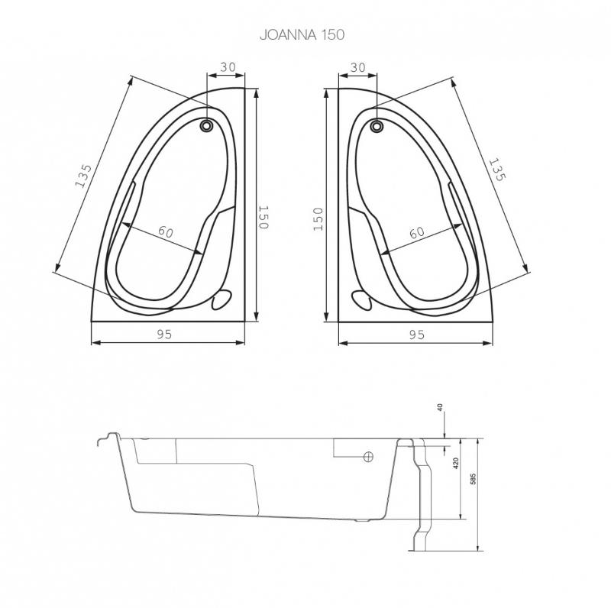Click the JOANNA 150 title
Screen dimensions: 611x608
pos(302,34)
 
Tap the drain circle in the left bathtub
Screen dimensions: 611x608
pos(206,126)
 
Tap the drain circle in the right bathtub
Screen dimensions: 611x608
pos(377,126)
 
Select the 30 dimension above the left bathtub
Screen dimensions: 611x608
pos(228,67)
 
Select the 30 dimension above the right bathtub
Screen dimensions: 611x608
pos(357,67)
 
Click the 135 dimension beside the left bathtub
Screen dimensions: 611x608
pos(84,176)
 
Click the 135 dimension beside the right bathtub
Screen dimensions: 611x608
pos(497,170)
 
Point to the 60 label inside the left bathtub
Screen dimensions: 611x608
pos(166,232)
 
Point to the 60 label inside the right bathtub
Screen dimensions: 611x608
pos(417,233)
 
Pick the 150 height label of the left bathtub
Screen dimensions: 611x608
pos(263,218)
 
